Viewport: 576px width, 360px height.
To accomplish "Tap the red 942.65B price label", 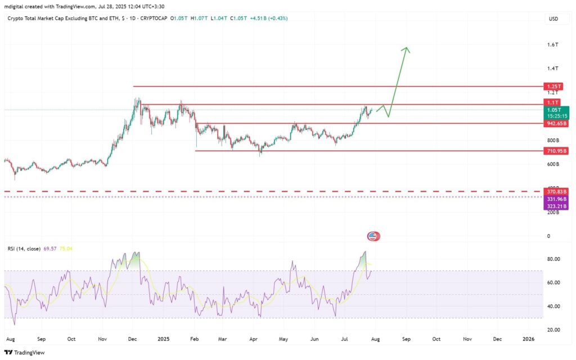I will (555, 123).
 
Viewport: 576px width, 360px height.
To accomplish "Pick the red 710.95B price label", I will (555, 151).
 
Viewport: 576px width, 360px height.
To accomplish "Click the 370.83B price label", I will (555, 192).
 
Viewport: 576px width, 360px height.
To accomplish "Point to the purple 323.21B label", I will (555, 206).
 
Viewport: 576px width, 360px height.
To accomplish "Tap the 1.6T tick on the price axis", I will (552, 44).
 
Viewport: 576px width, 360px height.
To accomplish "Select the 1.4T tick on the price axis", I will (552, 69).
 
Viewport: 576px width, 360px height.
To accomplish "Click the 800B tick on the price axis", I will (553, 140).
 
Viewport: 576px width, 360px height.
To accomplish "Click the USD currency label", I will (553, 19).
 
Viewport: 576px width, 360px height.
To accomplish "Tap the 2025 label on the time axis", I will (164, 340).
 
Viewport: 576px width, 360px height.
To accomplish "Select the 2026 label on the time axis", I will (528, 340).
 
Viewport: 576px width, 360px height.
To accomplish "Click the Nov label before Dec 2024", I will (102, 340).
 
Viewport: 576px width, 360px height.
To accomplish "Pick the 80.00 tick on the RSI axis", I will (554, 259).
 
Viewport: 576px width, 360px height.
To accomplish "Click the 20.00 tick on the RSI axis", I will (554, 330).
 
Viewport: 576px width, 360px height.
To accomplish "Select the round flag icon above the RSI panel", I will (372, 236).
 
